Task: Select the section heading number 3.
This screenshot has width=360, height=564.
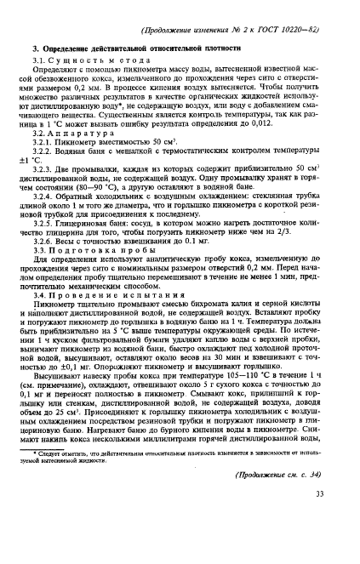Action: tap(35, 53)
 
